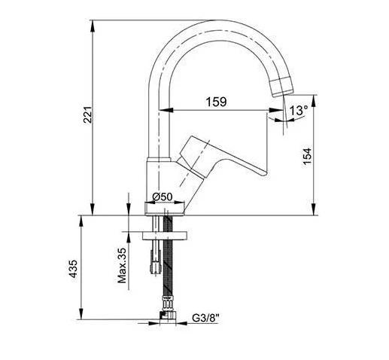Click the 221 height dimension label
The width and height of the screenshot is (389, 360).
pyautogui.click(x=88, y=114)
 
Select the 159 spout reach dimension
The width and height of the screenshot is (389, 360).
pyautogui.click(x=216, y=102)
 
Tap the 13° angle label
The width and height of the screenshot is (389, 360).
pyautogui.click(x=299, y=110)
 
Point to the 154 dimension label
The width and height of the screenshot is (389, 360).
pyautogui.click(x=307, y=157)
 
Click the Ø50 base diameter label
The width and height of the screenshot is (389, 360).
pyautogui.click(x=163, y=197)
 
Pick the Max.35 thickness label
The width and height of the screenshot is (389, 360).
pyautogui.click(x=122, y=266)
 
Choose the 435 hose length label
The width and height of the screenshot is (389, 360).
pyautogui.click(x=74, y=269)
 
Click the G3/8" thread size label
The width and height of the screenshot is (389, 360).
pyautogui.click(x=205, y=318)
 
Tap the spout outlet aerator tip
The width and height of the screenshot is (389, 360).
pyautogui.click(x=281, y=87)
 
